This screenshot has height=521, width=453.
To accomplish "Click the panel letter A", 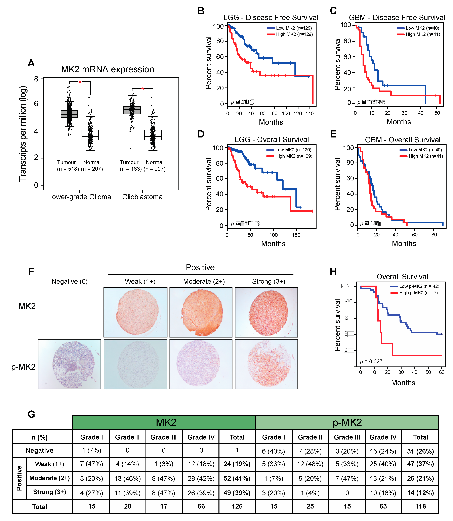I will [31, 63].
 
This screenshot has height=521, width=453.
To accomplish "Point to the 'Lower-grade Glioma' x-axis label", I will [79, 197].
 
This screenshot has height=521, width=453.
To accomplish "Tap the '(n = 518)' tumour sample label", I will [68, 169].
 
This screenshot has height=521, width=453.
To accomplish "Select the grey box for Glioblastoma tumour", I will [132, 110].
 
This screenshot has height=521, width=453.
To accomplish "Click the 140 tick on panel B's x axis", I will [309, 113].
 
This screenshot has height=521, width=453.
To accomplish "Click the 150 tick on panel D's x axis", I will [296, 235].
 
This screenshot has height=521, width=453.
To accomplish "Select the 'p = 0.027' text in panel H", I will [371, 361].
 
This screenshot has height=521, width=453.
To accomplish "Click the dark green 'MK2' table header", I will [166, 422].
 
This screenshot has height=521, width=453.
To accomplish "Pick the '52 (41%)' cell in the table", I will [237, 478].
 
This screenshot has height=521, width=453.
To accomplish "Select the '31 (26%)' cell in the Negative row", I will [420, 451].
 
